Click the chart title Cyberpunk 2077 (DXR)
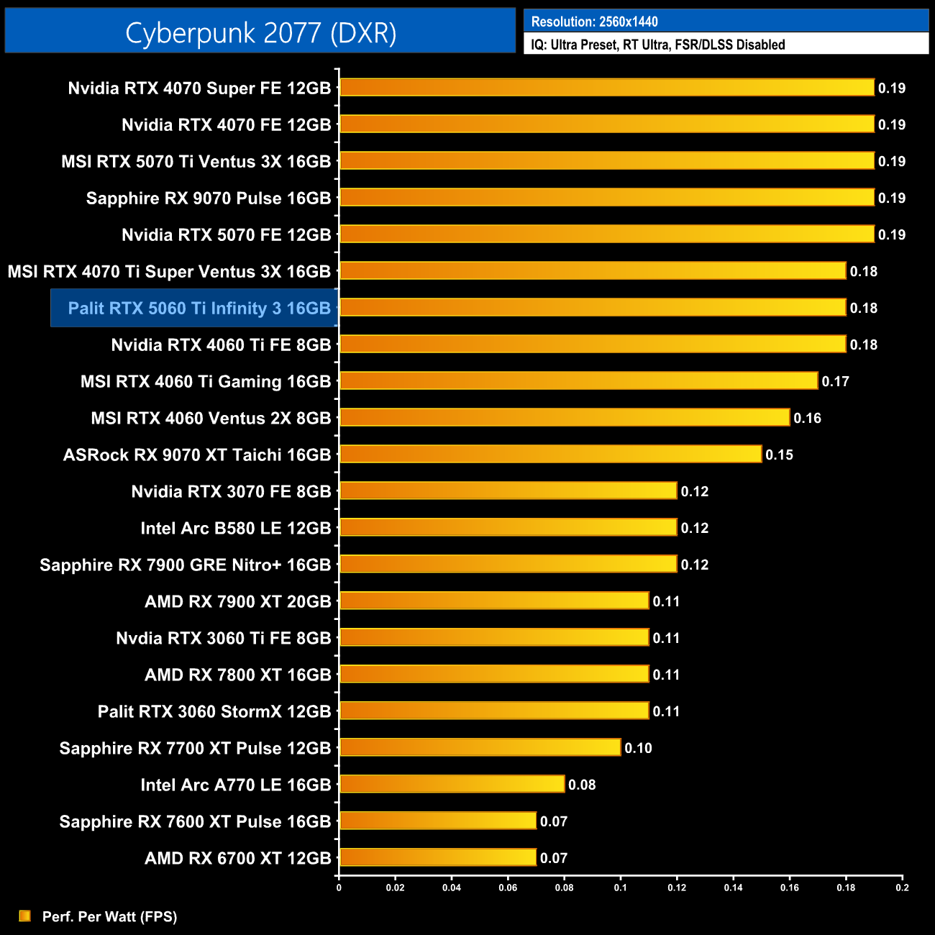tap(260, 33)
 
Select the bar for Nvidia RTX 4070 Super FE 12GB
tap(606, 88)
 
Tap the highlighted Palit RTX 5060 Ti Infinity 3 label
tap(199, 309)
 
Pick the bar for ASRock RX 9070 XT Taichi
tap(550, 454)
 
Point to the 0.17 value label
tap(835, 382)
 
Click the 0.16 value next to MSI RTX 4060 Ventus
tap(807, 419)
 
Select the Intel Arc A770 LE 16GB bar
tap(452, 784)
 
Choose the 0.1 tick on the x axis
tap(620, 888)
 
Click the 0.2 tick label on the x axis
tap(902, 888)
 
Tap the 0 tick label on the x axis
tap(339, 888)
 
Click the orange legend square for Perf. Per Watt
tap(25, 916)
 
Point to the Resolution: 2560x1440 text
tap(594, 22)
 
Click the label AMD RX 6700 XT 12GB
tap(237, 858)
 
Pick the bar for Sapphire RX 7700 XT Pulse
tap(480, 747)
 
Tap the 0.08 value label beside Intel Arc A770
tap(582, 785)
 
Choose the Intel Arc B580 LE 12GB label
tap(235, 529)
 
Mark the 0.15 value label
tap(779, 455)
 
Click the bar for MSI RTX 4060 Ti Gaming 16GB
tap(578, 380)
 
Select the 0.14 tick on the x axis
tap(733, 888)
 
